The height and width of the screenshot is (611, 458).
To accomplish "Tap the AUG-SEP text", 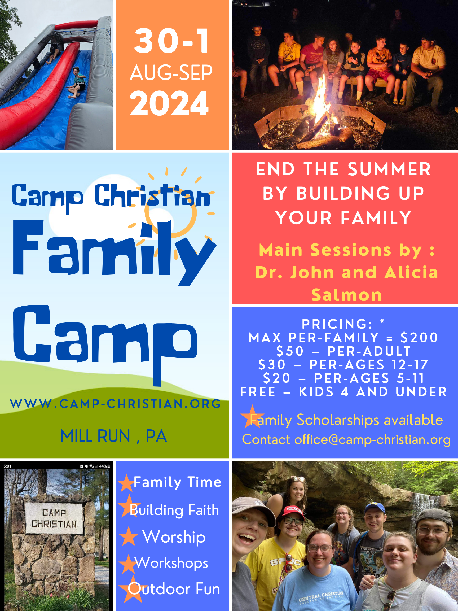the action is click(171, 73).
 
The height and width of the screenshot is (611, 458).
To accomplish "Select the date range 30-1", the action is click(172, 41).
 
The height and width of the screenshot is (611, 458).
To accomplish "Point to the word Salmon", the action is click(347, 295).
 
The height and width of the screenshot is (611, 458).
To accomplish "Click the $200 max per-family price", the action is click(419, 338).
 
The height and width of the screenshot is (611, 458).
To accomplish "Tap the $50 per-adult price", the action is click(290, 351).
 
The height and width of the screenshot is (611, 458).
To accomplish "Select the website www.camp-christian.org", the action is click(115, 404).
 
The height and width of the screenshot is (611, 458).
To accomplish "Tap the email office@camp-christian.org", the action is click(372, 439).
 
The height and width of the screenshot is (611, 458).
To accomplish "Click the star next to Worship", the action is click(128, 536).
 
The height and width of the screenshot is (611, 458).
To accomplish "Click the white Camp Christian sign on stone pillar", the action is click(54, 518).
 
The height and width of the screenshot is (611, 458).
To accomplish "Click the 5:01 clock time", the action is click(7, 466).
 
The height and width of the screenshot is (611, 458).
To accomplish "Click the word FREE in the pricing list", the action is click(258, 392).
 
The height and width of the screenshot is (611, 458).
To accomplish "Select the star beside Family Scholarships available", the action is click(252, 417).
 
